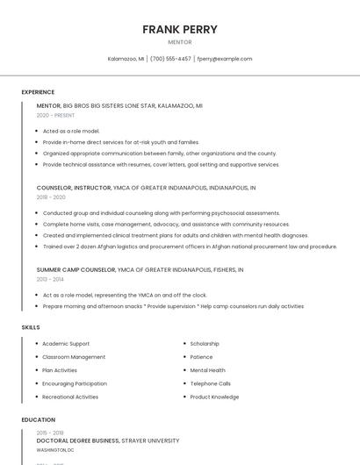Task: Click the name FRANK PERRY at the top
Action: [180, 29]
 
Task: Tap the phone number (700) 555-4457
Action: [170, 59]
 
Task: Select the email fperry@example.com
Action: [225, 59]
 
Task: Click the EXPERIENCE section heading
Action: [38, 92]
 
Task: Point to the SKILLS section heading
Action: [31, 327]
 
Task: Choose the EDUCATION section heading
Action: [39, 420]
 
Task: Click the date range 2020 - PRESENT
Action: [55, 115]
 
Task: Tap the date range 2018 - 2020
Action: [51, 197]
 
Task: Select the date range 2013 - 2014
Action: [51, 279]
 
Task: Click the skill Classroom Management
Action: [74, 357]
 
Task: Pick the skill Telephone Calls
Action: [211, 383]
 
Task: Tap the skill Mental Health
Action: [208, 370]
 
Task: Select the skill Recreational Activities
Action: [70, 397]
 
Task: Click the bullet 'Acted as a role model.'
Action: [71, 131]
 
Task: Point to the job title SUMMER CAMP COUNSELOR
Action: [76, 269]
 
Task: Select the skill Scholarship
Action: [205, 344]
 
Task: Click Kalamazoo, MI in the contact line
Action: [126, 59]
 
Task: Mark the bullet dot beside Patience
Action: [184, 357]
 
